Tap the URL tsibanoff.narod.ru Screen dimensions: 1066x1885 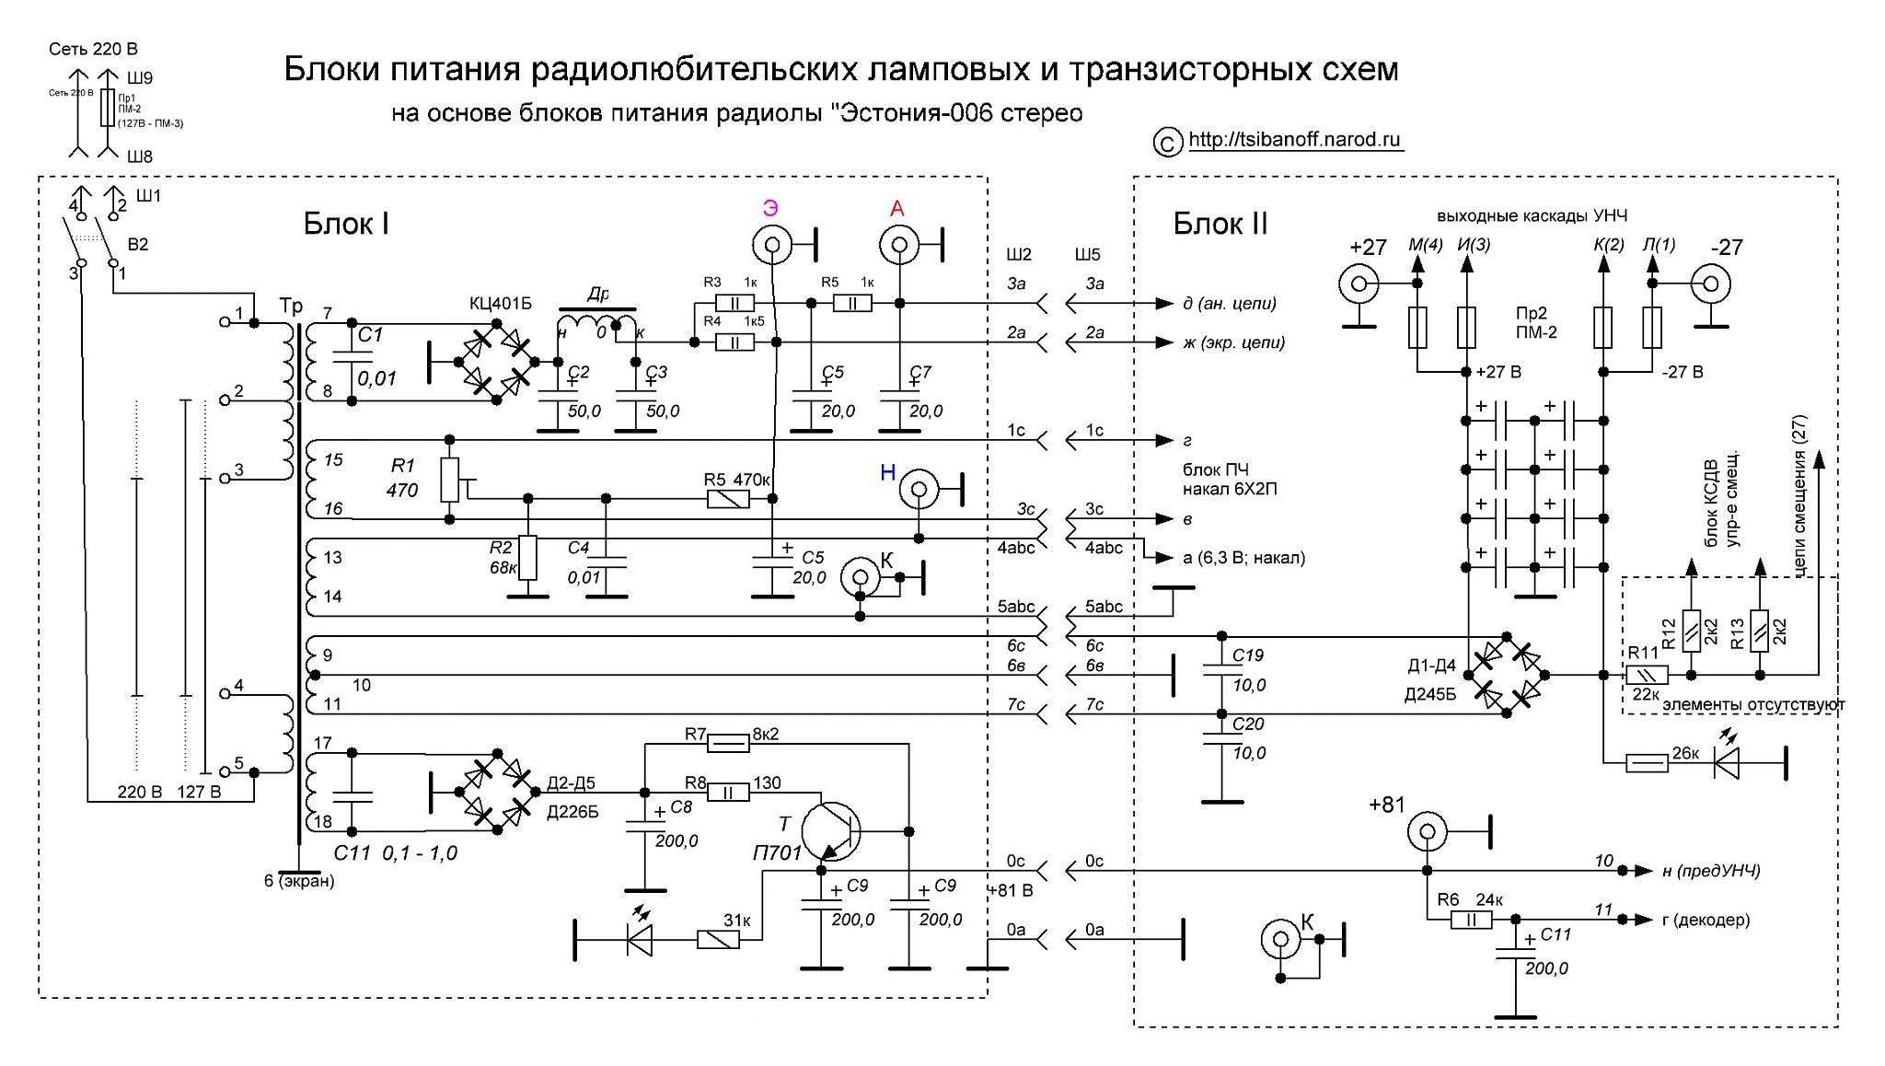coord(1295,140)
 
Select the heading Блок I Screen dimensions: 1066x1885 coord(346,224)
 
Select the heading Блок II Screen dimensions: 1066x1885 coord(1220,224)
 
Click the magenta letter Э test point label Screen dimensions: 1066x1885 coord(770,208)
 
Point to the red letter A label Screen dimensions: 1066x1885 coord(896,209)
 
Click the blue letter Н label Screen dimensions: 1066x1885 coord(887,472)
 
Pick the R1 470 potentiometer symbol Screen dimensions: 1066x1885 coord(449,480)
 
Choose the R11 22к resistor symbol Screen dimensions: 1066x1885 coord(1643,675)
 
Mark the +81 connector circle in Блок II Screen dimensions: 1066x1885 coord(1426,834)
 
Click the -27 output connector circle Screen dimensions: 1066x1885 coord(1712,284)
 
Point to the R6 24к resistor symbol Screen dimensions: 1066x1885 coord(1471,919)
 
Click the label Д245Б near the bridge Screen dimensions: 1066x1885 coord(1430,695)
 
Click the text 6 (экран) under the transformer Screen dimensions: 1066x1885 coord(299,881)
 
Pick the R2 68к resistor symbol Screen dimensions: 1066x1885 coord(527,558)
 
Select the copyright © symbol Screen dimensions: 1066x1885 coord(1167,143)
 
